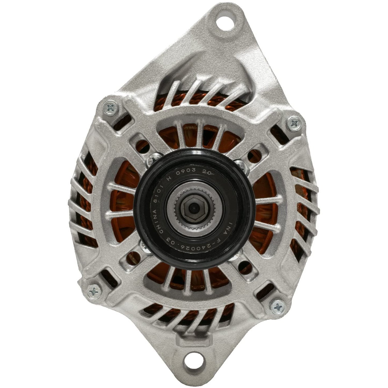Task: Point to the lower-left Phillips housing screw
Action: [x=94, y=289]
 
